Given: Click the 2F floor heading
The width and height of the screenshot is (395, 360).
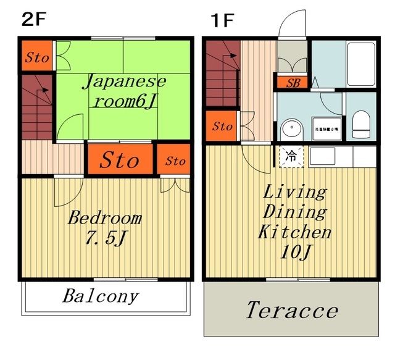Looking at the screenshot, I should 33,19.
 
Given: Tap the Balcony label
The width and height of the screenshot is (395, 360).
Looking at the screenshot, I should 100,296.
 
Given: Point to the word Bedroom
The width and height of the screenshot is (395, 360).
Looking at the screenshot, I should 104,218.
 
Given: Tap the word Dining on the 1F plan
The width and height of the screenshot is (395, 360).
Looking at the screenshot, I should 294,212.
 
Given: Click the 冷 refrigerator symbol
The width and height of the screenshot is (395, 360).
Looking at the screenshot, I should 289,156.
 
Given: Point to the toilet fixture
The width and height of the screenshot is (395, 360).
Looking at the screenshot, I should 360,124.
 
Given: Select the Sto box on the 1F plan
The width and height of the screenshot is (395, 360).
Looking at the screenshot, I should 222,127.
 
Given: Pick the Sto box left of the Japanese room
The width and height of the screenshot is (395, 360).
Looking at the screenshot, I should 37,58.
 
